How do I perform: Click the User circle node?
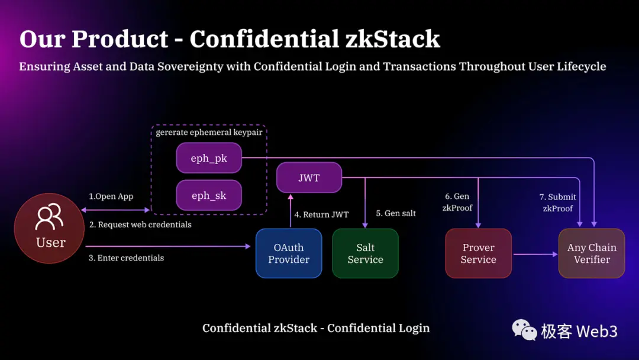pyautogui.click(x=50, y=229)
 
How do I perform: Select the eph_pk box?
pyautogui.click(x=209, y=158)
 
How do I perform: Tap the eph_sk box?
pyautogui.click(x=209, y=195)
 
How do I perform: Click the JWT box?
pyautogui.click(x=309, y=177)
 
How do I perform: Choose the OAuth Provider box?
pyautogui.click(x=289, y=253)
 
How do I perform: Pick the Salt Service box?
pyautogui.click(x=365, y=253)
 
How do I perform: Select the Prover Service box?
pyautogui.click(x=478, y=253)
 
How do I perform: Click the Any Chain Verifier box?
pyautogui.click(x=592, y=253)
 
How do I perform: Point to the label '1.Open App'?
pyautogui.click(x=111, y=197)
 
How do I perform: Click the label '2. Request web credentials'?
pyautogui.click(x=140, y=224)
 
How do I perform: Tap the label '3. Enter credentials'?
pyautogui.click(x=126, y=258)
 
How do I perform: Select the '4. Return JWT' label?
pyautogui.click(x=322, y=214)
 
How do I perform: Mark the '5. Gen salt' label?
pyautogui.click(x=396, y=213)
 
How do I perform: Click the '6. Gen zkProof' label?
pyautogui.click(x=457, y=202)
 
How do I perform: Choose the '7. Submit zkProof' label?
pyautogui.click(x=557, y=202)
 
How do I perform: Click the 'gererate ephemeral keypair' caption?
pyautogui.click(x=209, y=133)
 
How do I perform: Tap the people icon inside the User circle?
pyautogui.click(x=49, y=217)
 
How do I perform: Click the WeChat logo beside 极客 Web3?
pyautogui.click(x=524, y=330)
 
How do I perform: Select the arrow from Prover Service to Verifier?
pyautogui.click(x=535, y=254)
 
